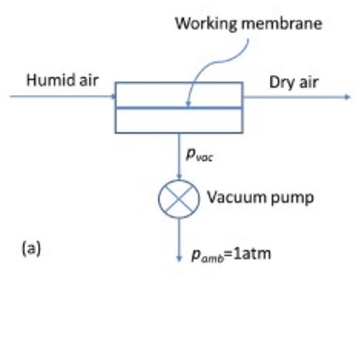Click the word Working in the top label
click(206, 24)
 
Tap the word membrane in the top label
click(282, 23)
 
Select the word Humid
click(52, 80)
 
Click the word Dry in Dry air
click(282, 83)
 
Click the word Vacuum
click(237, 197)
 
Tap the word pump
click(292, 199)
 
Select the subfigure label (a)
click(31, 248)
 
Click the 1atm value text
click(252, 254)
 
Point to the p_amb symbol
click(208, 255)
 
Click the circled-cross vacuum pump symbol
click(179, 199)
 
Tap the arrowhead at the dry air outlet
click(348, 97)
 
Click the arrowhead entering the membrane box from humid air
click(113, 96)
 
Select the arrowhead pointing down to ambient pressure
click(179, 259)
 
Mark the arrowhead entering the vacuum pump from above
click(179, 177)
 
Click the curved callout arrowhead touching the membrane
click(188, 104)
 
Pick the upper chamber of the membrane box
click(179, 95)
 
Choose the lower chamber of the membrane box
click(179, 120)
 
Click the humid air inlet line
click(63, 96)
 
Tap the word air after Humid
click(89, 80)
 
